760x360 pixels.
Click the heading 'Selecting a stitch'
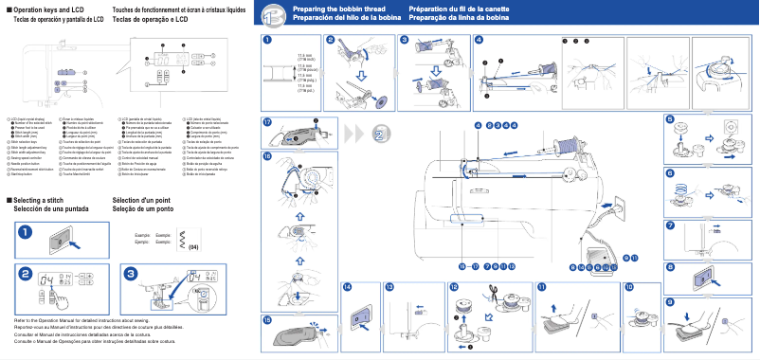tap(44, 201)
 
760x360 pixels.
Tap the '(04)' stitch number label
tap(192, 247)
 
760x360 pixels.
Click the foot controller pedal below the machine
tap(599, 255)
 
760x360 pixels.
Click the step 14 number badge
tap(347, 286)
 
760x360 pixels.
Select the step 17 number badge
tap(268, 122)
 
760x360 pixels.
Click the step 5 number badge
tap(670, 119)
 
